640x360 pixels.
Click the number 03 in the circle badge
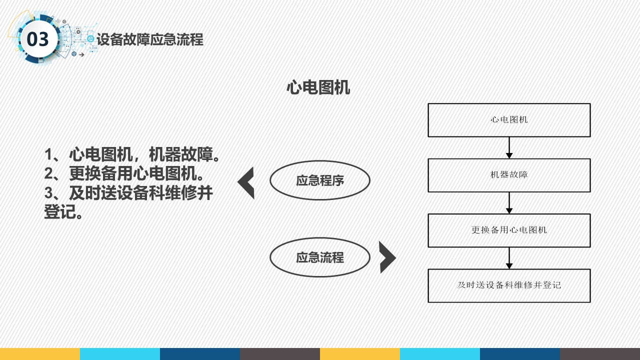pyautogui.click(x=37, y=39)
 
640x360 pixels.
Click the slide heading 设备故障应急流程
pyautogui.click(x=150, y=39)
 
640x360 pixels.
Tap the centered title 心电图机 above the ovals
pyautogui.click(x=318, y=87)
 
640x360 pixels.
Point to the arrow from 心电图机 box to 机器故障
pyautogui.click(x=509, y=147)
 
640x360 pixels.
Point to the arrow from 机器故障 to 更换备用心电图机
pyautogui.click(x=509, y=203)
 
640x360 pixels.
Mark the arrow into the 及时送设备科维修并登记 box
pyautogui.click(x=509, y=258)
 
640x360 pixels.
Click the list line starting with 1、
pyautogui.click(x=132, y=154)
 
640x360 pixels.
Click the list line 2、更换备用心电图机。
pyautogui.click(x=124, y=173)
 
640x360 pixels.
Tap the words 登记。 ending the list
pyautogui.click(x=63, y=211)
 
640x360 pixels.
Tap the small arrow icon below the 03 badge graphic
pyautogui.click(x=81, y=54)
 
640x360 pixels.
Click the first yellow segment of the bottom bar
pyautogui.click(x=40, y=354)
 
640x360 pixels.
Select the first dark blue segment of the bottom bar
pyautogui.click(x=200, y=354)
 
